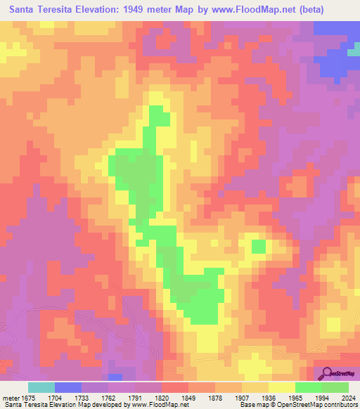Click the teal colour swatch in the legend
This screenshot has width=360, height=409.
click(x=41, y=387)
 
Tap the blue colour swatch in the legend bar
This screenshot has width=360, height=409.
click(x=68, y=387)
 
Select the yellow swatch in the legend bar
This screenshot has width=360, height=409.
click(x=282, y=387)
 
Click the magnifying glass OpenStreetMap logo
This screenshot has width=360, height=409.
click(x=327, y=374)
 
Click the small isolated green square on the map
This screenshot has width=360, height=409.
click(x=259, y=246)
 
